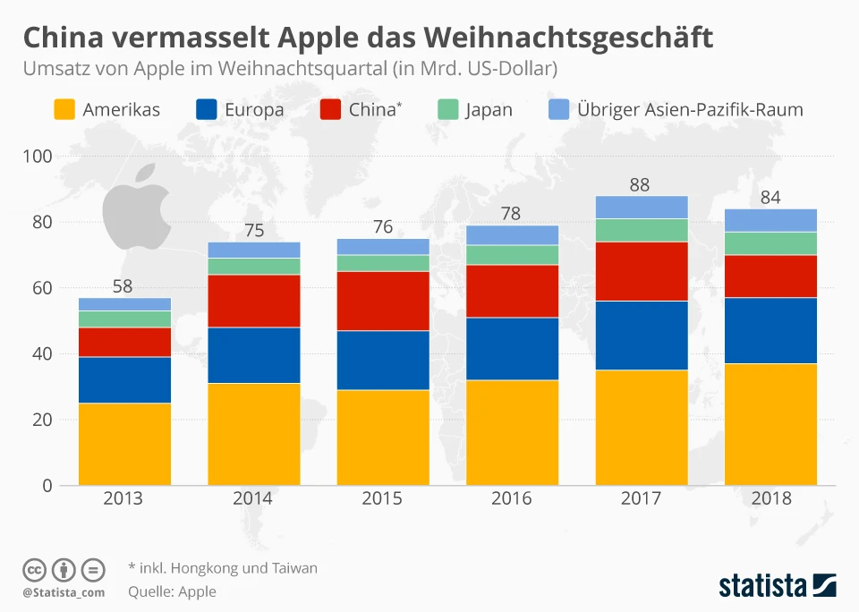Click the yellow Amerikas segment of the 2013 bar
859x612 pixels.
pyautogui.click(x=124, y=444)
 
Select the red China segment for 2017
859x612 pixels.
pyautogui.click(x=642, y=271)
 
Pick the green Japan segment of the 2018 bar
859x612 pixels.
pyautogui.click(x=770, y=243)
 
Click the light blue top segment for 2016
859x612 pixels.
pyautogui.click(x=512, y=234)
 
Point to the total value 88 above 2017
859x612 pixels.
pyautogui.click(x=639, y=185)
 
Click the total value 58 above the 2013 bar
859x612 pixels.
pyautogui.click(x=124, y=287)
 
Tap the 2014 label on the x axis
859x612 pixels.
pyautogui.click(x=253, y=499)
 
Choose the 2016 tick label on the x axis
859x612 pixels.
pyautogui.click(x=512, y=499)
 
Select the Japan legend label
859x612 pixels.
pyautogui.click(x=489, y=110)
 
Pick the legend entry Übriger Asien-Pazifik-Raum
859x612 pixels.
pyautogui.click(x=690, y=110)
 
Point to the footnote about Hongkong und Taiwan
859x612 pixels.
pyautogui.click(x=223, y=568)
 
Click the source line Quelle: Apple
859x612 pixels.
pyautogui.click(x=172, y=591)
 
